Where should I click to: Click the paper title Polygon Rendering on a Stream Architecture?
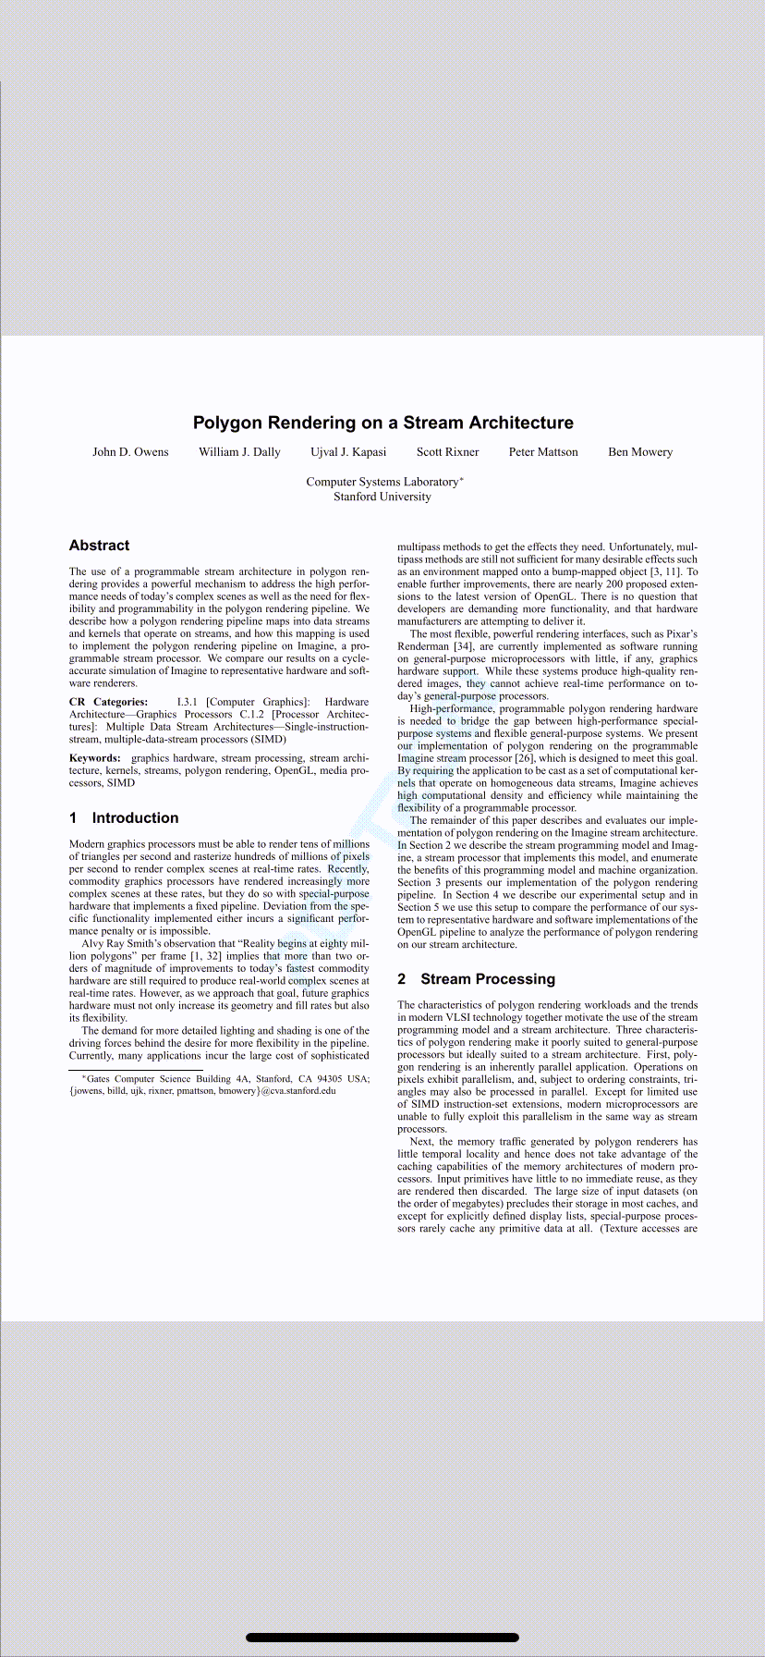point(382,423)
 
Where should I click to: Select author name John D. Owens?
point(130,452)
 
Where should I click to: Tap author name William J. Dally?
point(239,452)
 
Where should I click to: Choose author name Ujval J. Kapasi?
point(348,452)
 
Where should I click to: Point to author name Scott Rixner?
point(447,452)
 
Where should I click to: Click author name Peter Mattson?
point(543,452)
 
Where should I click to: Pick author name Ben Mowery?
point(640,452)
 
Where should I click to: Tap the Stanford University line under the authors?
point(382,497)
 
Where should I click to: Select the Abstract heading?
point(99,546)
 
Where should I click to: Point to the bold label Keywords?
point(94,758)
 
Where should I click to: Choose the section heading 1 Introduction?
point(124,817)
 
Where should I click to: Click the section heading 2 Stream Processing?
point(476,978)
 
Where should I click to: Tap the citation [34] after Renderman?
point(464,646)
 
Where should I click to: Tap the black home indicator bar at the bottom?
point(382,1638)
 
